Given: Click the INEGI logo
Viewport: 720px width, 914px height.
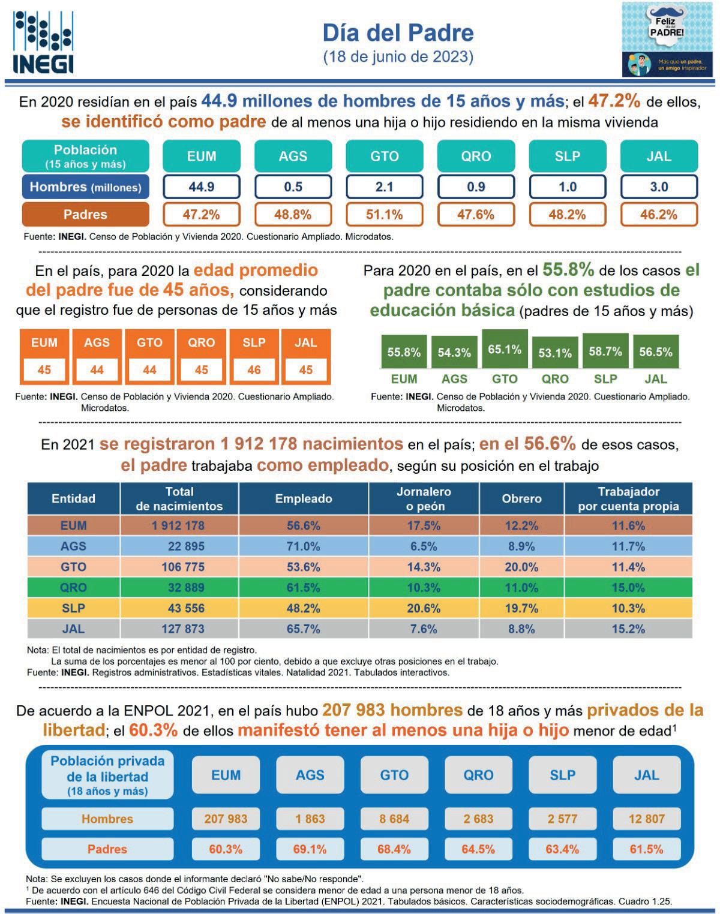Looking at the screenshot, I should tap(43, 42).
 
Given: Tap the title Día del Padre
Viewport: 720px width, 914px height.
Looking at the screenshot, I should tap(398, 32).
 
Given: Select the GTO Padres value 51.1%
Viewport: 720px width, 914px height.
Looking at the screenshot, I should tap(384, 215).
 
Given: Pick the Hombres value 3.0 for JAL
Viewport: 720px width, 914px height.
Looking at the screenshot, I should tap(659, 187).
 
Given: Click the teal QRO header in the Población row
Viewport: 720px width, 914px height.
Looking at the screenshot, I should tap(476, 156).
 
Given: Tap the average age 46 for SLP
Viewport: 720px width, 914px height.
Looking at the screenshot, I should tap(254, 369).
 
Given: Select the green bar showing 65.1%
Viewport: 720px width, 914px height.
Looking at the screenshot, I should tap(505, 349).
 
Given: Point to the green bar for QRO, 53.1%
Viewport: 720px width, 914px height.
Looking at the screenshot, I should tap(555, 353).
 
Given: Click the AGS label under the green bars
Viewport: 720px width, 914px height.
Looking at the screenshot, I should tap(454, 379).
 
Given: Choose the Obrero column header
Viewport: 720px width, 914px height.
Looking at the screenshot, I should tap(521, 498).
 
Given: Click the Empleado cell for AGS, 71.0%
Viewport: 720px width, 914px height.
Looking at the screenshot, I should tap(304, 546).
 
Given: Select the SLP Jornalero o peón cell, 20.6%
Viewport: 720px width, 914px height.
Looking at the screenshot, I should tap(424, 608).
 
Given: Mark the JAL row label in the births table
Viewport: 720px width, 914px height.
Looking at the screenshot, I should tap(73, 629).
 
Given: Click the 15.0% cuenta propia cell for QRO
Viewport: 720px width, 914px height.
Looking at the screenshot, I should tap(628, 588).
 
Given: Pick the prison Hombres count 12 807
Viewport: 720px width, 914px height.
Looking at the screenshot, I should tap(647, 819).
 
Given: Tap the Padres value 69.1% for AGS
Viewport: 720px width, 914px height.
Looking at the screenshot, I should tap(310, 849).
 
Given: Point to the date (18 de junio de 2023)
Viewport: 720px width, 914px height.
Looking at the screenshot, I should tap(398, 57).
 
